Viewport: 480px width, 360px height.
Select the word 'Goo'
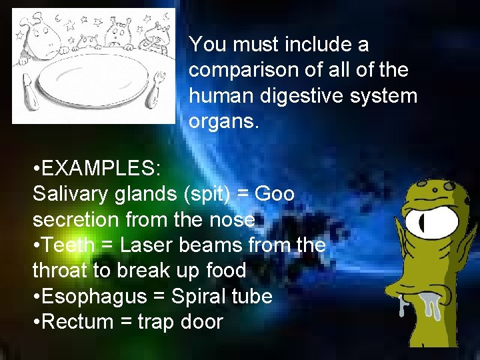(275, 194)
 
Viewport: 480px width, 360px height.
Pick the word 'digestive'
(287, 95)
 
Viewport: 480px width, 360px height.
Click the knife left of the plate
(27, 89)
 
